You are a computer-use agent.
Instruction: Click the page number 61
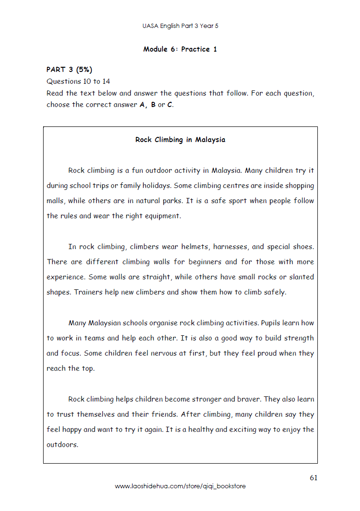pyautogui.click(x=314, y=478)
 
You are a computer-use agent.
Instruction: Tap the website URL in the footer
pyautogui.click(x=180, y=486)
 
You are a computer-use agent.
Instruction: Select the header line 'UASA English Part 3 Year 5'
pyautogui.click(x=180, y=26)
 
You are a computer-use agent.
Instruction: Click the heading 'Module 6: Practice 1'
pyautogui.click(x=180, y=49)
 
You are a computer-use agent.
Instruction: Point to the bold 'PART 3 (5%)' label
pyautogui.click(x=69, y=70)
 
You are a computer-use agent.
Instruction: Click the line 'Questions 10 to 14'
pyautogui.click(x=78, y=81)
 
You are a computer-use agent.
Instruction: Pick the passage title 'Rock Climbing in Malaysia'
pyautogui.click(x=180, y=140)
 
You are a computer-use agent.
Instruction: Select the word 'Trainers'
pyautogui.click(x=88, y=292)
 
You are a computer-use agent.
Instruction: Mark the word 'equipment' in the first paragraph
pyautogui.click(x=163, y=216)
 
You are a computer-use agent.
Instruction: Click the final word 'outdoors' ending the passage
pyautogui.click(x=62, y=445)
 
